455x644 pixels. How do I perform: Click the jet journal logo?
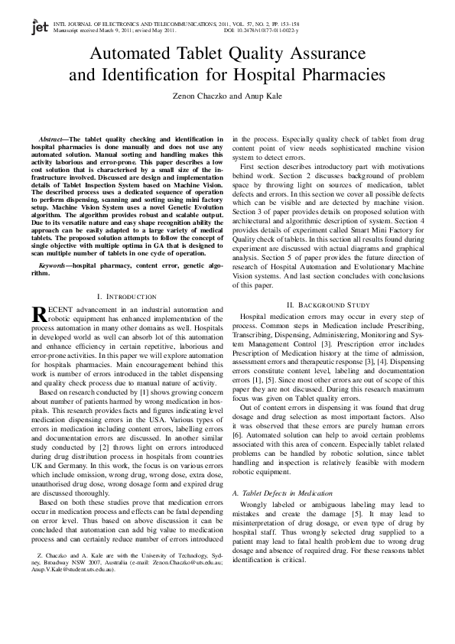(39, 28)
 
